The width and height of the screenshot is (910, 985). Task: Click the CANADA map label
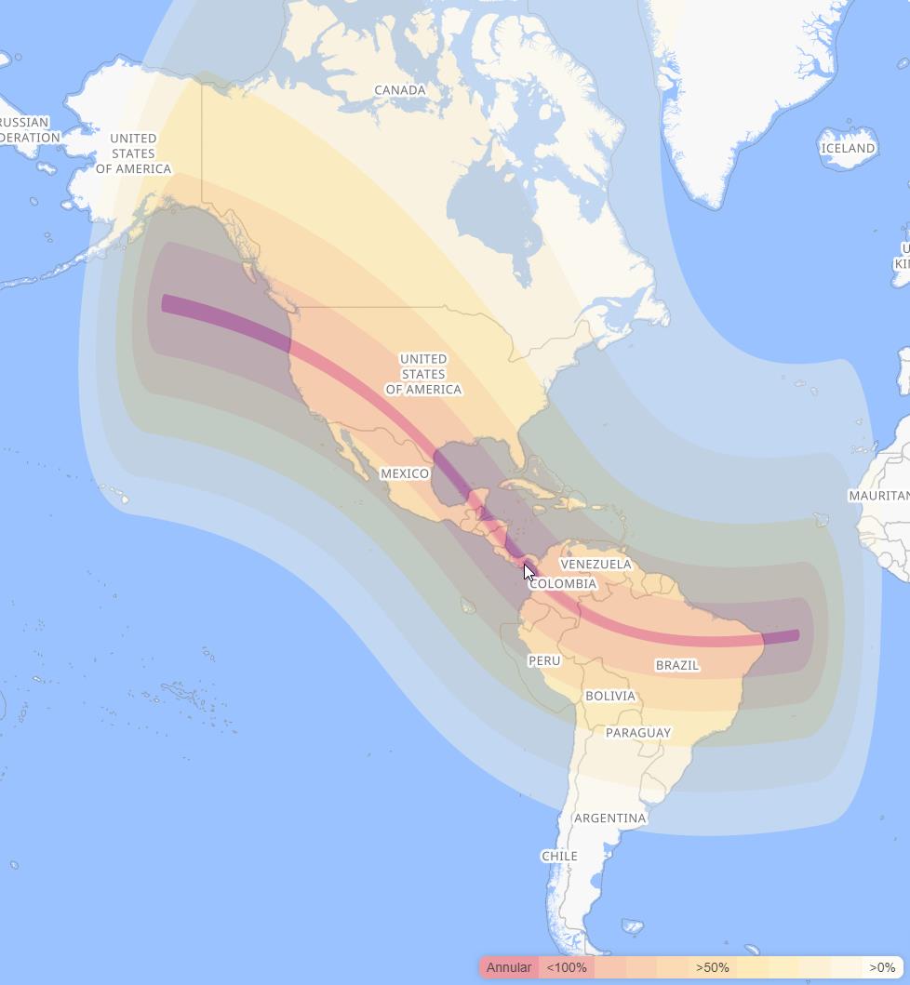pos(400,90)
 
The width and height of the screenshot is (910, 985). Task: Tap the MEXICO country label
pos(405,473)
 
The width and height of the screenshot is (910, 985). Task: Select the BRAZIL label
pos(677,665)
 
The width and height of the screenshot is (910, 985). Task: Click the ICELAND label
pos(849,148)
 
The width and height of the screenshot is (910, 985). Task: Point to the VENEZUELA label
pos(596,564)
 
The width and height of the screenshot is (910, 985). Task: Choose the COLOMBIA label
pos(563,584)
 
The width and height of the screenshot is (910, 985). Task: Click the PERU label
pos(544,660)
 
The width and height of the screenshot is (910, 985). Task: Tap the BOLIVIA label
pos(610,696)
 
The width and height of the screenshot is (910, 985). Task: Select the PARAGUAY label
pos(638,733)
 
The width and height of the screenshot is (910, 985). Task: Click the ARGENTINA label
pos(609,819)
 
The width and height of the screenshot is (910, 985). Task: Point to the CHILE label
pos(559,856)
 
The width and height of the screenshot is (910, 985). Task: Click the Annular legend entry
pos(509,967)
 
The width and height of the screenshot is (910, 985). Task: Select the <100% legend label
pos(567,967)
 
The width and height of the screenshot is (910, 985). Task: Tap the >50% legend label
pos(713,967)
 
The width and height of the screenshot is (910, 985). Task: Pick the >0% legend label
pos(882,967)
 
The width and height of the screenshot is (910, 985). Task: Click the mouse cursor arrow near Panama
pos(529,572)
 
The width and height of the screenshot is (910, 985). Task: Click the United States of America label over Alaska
pos(133,153)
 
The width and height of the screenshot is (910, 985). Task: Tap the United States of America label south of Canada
pos(423,374)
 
